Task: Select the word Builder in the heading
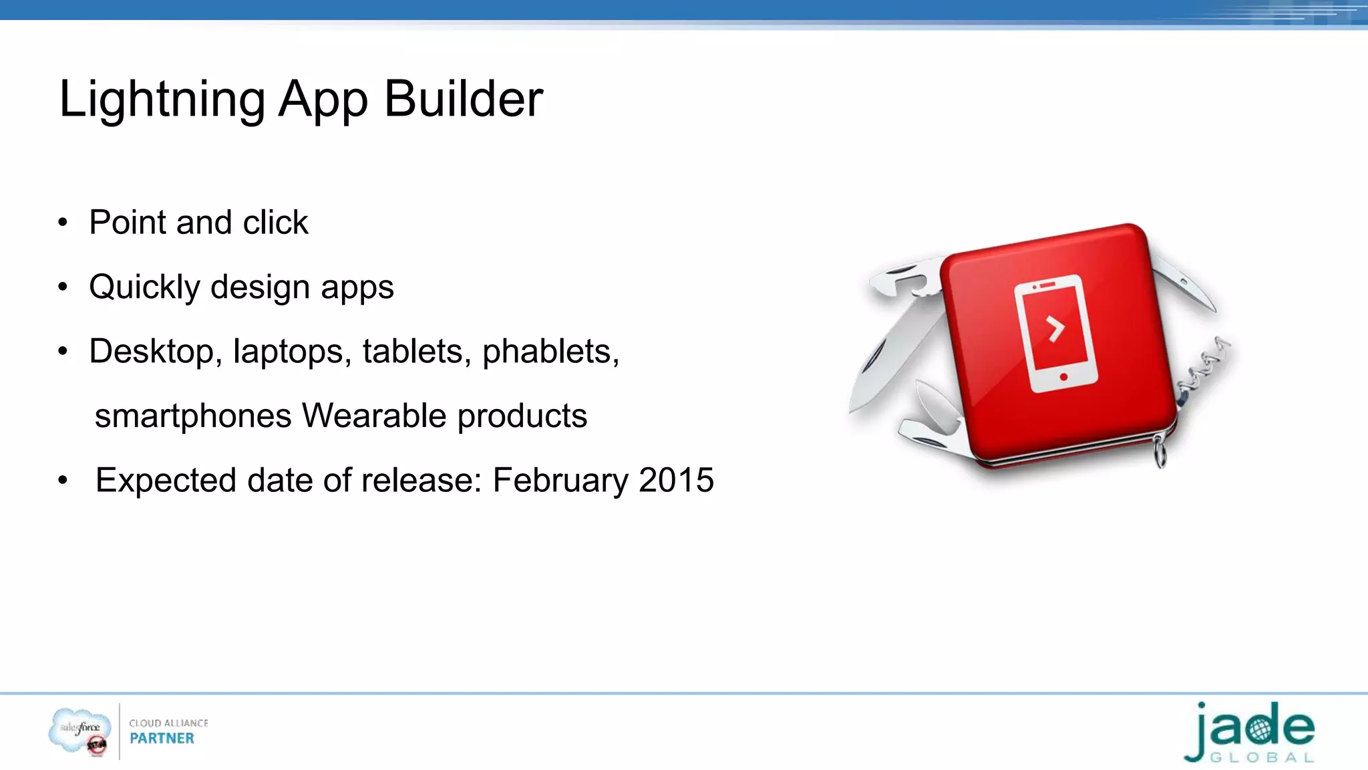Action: click(464, 99)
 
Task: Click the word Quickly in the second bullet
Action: click(144, 287)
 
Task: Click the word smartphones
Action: click(193, 416)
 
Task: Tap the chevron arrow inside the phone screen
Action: click(1055, 328)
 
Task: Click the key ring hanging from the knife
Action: click(1160, 451)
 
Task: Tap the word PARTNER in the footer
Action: click(162, 739)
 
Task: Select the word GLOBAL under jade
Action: click(1262, 758)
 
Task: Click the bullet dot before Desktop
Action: click(63, 352)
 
